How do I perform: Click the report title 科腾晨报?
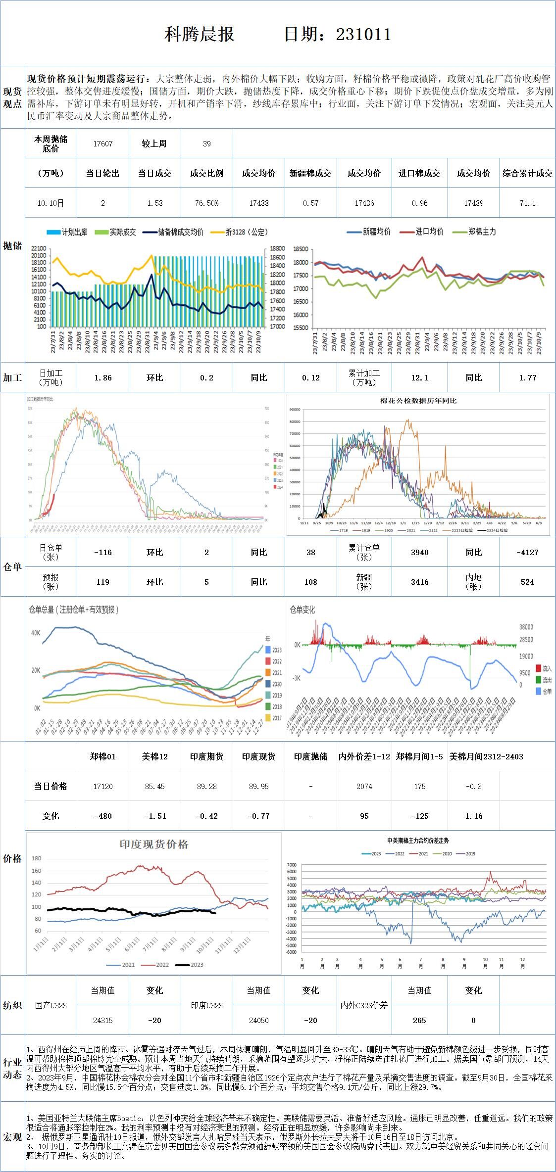(199, 34)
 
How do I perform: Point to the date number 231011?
(363, 34)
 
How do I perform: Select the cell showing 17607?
(103, 144)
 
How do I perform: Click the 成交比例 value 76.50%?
(206, 203)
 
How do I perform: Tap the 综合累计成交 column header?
(527, 174)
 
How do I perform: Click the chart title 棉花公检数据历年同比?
(418, 401)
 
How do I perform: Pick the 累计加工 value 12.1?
(419, 378)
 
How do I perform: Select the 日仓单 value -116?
(103, 552)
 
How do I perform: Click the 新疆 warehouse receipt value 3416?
(419, 582)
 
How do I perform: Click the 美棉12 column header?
(154, 756)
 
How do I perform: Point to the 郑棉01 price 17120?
(103, 787)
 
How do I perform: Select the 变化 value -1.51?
(154, 816)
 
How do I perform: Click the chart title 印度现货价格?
(154, 844)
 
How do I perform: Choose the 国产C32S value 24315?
(103, 1020)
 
